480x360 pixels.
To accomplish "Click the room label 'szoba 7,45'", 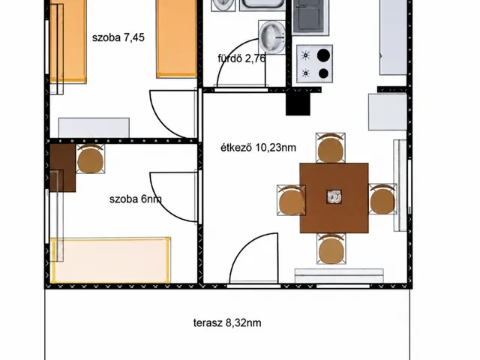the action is pyautogui.click(x=118, y=37).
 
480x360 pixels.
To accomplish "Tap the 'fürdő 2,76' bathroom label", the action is pyautogui.click(x=241, y=58).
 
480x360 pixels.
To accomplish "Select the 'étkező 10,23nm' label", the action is pyautogui.click(x=258, y=148).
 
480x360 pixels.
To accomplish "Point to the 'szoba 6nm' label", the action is pyautogui.click(x=135, y=199).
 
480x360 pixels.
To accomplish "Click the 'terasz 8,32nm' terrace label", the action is pyautogui.click(x=227, y=323).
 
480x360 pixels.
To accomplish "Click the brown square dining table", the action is pyautogui.click(x=334, y=198).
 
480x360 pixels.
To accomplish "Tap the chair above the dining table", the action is pyautogui.click(x=330, y=148).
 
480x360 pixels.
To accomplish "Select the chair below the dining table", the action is pyautogui.click(x=331, y=248).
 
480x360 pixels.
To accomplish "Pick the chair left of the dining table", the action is pyautogui.click(x=291, y=200).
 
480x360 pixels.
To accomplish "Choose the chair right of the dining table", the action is pyautogui.click(x=382, y=199).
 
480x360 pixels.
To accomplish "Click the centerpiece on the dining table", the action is pyautogui.click(x=334, y=196).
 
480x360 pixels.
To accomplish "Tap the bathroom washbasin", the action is pyautogui.click(x=272, y=37).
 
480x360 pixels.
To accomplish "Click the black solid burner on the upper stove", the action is pyautogui.click(x=323, y=55).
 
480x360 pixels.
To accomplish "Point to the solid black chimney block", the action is pyautogui.click(x=298, y=103).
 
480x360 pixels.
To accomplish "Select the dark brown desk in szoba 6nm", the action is pyautogui.click(x=63, y=168).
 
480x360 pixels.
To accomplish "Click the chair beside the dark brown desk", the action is pyautogui.click(x=90, y=159).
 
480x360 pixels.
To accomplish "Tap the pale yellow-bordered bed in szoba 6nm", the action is pyautogui.click(x=110, y=260).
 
